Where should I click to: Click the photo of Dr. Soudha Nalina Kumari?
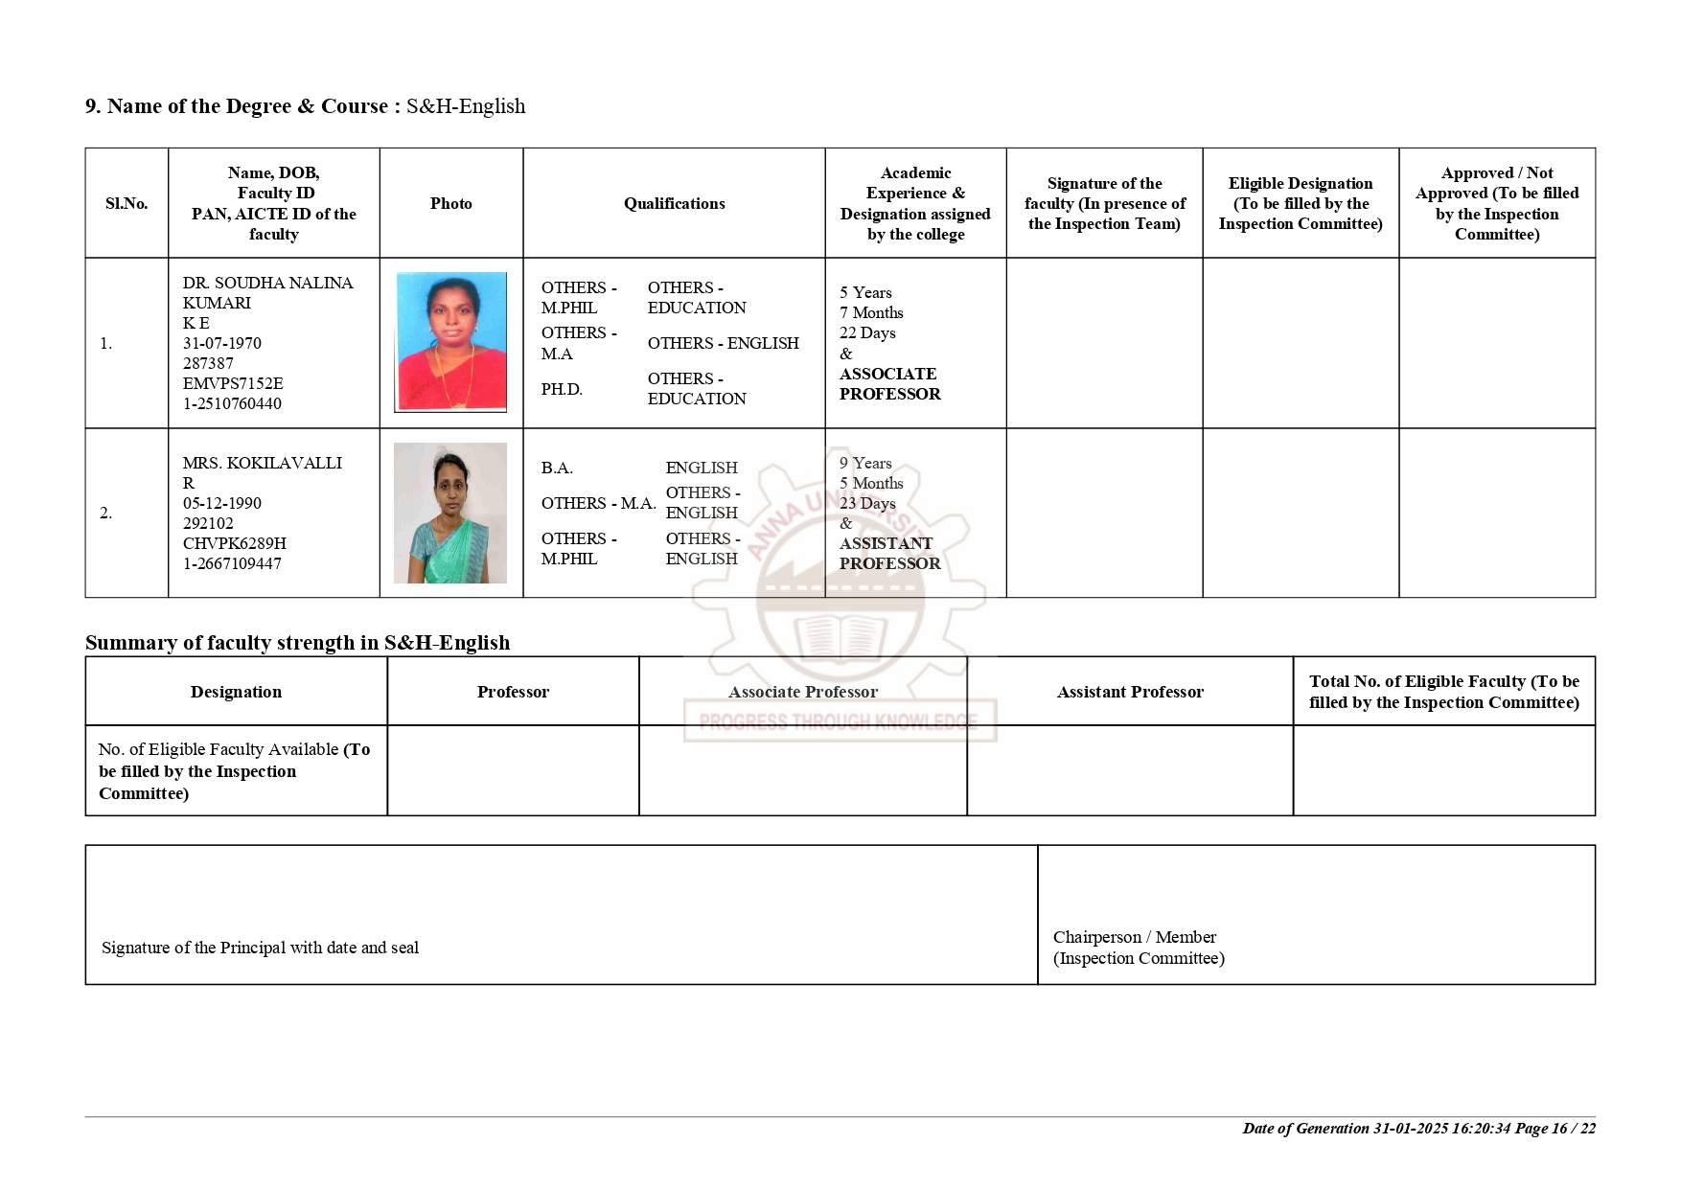tap(450, 342)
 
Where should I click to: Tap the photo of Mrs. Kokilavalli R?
tap(450, 513)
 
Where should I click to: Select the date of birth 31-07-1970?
tap(221, 343)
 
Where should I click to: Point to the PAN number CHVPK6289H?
tap(234, 543)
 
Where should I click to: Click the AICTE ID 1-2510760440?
tap(232, 403)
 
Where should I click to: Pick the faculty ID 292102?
tap(208, 523)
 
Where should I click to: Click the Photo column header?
tap(450, 203)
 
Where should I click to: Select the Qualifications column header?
tap(674, 203)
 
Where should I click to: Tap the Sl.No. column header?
tap(127, 203)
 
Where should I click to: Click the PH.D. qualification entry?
tap(562, 389)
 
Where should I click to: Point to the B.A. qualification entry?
tap(557, 468)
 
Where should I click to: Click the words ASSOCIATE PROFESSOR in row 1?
tap(889, 383)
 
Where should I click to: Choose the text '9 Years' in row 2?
tap(865, 463)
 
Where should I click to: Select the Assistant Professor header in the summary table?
tap(1130, 692)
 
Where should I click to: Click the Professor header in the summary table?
tap(513, 692)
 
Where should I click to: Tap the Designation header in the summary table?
tap(236, 692)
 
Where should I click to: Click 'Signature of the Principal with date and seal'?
tap(260, 948)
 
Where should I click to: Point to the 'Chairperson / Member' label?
tap(1134, 937)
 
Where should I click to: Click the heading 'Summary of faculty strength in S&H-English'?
tap(297, 642)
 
